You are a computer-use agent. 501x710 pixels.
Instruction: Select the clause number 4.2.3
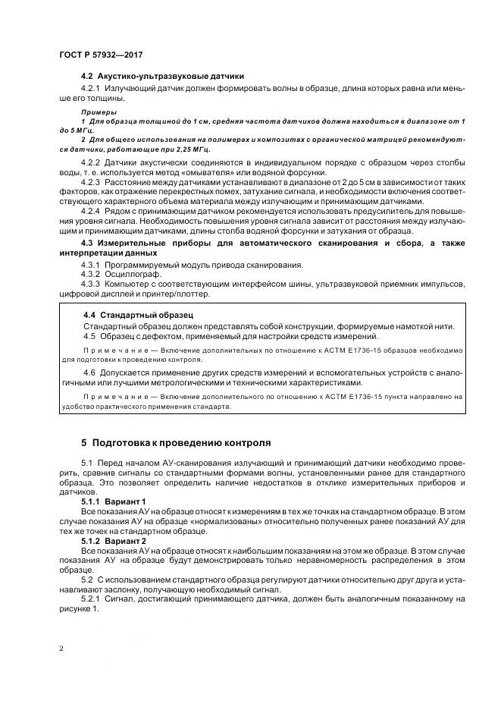(x=90, y=184)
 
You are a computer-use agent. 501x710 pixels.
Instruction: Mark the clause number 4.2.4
(x=90, y=212)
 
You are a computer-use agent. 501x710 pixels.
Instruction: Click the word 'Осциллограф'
(x=129, y=274)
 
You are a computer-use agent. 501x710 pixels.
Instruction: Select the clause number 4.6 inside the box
(x=89, y=374)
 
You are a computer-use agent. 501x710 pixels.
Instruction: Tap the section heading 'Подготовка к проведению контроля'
(x=175, y=442)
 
